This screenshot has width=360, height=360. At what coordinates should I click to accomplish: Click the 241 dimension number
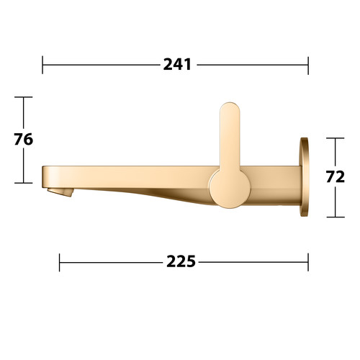tap(177, 64)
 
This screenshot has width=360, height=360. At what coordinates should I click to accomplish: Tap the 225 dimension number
tap(181, 261)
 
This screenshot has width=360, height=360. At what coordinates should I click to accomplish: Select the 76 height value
tap(23, 140)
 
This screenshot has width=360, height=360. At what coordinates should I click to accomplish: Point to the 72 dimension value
tap(336, 177)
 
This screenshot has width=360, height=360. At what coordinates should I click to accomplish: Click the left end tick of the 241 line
tap(42, 65)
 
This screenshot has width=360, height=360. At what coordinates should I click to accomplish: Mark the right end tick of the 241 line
tap(308, 66)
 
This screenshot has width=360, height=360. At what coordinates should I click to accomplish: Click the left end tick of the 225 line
tap(60, 262)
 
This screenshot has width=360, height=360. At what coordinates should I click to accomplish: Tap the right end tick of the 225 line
tap(308, 262)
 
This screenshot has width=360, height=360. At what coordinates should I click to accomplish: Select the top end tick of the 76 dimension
tap(23, 97)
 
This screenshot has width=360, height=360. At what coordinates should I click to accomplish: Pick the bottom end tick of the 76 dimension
tap(23, 183)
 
